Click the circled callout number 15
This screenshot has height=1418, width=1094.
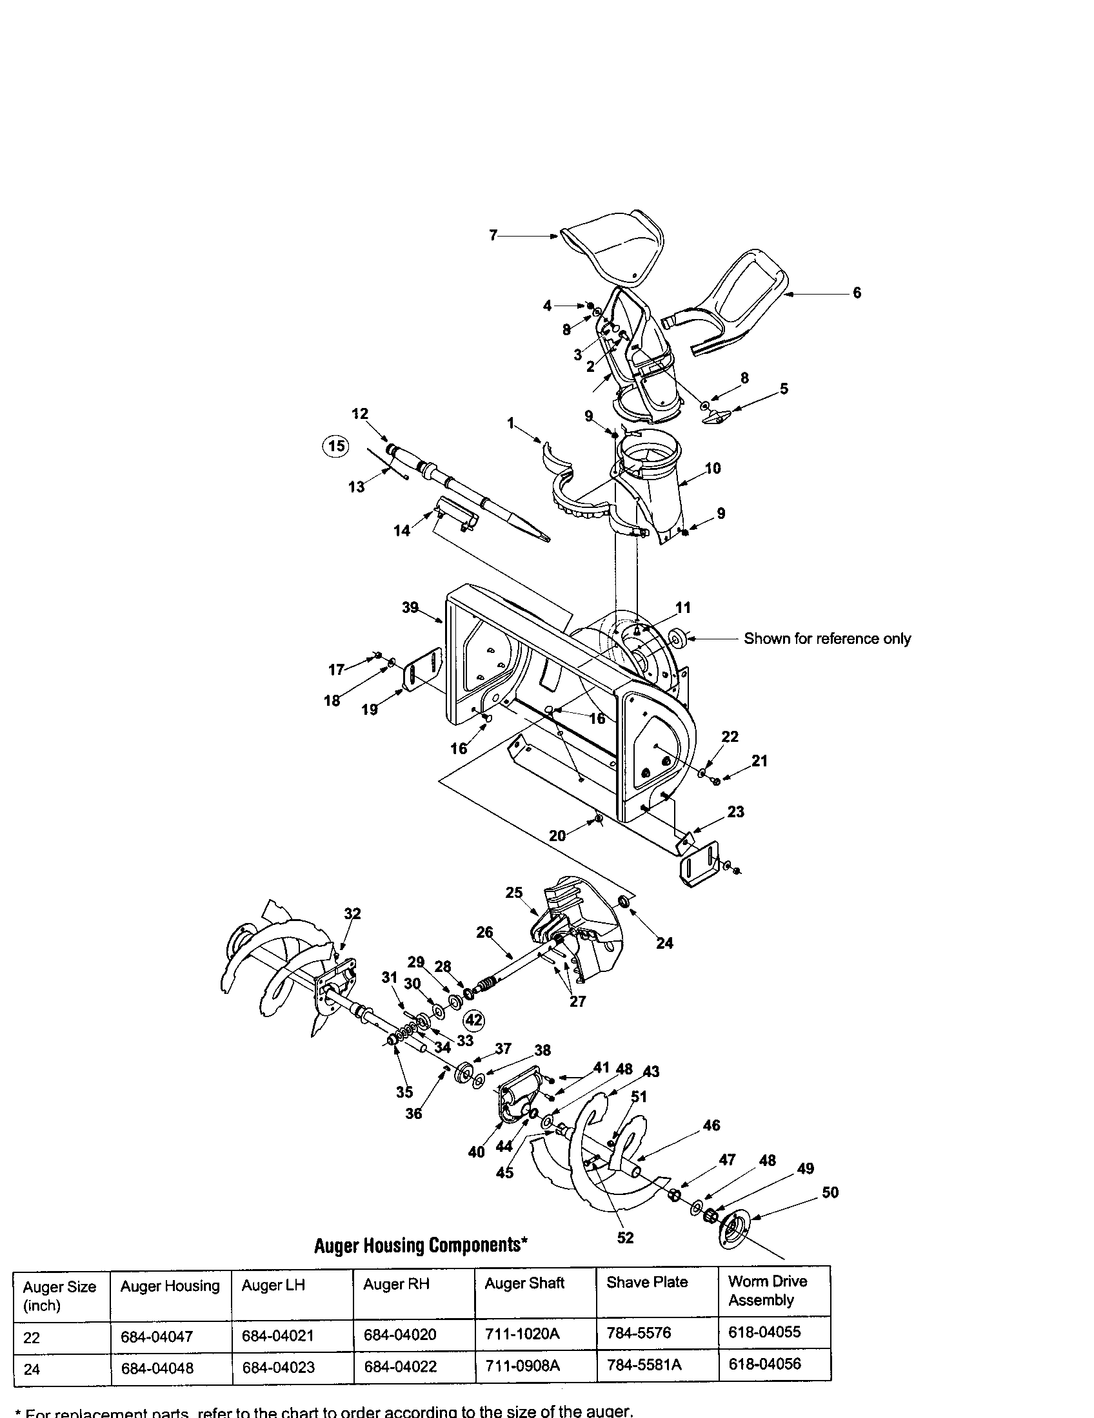click(x=336, y=447)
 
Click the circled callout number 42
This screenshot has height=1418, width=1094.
click(x=474, y=1021)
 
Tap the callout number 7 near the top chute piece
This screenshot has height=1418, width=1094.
click(x=493, y=235)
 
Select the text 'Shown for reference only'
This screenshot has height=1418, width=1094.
click(x=827, y=639)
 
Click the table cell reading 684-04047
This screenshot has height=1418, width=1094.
click(x=157, y=1337)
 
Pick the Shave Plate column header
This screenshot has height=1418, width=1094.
click(x=646, y=1282)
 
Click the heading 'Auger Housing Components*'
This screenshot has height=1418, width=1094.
click(x=421, y=1245)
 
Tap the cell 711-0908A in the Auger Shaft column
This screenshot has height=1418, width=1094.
click(x=522, y=1365)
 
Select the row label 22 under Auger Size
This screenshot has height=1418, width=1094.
click(x=32, y=1338)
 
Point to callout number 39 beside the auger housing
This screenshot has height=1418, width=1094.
click(x=410, y=608)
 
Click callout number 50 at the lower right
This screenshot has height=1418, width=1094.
click(x=830, y=1192)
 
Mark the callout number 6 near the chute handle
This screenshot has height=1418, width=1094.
click(x=857, y=293)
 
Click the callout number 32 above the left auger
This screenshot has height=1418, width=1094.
click(x=352, y=913)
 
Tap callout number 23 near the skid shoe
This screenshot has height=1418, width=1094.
click(x=735, y=811)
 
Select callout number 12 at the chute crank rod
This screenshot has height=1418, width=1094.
click(x=360, y=414)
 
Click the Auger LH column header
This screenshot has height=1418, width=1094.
click(x=273, y=1285)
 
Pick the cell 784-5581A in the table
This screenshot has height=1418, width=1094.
click(x=644, y=1365)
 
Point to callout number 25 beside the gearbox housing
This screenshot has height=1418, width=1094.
click(x=513, y=893)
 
